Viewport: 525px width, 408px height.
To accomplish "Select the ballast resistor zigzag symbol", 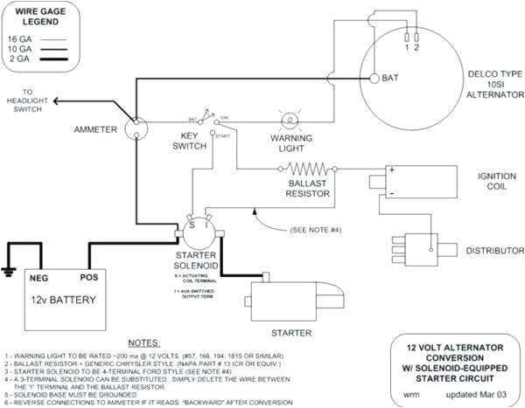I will [307, 169].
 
